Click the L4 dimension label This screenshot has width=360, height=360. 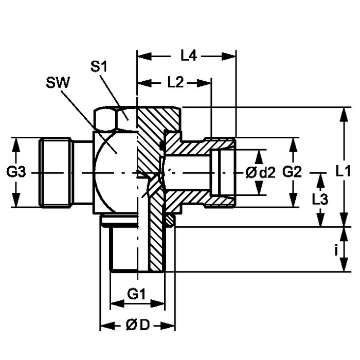pos(189,56)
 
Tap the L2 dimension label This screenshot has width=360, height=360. pos(176,82)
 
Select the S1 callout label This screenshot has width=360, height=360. pos(99,67)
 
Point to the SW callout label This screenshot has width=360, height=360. pos(58,83)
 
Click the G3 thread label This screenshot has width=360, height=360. pos(16,172)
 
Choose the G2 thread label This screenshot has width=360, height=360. pos(292,172)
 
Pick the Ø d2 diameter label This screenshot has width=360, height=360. pos(260,173)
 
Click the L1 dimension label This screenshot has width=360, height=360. pos(343,171)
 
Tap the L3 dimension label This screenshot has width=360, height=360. pos(320,200)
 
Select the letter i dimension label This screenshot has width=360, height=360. pos(336,250)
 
